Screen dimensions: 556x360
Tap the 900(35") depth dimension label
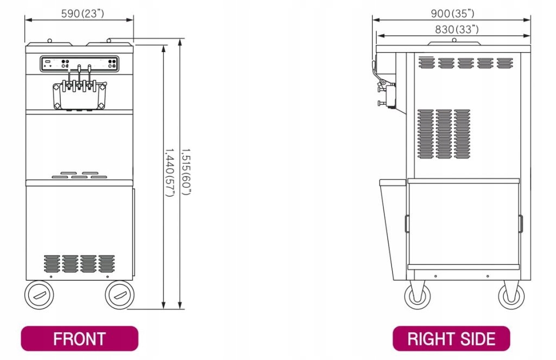click(453, 13)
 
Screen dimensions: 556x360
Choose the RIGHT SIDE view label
click(451, 339)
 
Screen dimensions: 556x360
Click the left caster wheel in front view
click(39, 295)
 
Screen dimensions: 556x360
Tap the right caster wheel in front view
click(119, 295)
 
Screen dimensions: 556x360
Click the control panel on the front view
click(80, 64)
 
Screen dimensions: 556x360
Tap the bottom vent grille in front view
click(79, 263)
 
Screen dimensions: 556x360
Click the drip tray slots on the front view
click(79, 175)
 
